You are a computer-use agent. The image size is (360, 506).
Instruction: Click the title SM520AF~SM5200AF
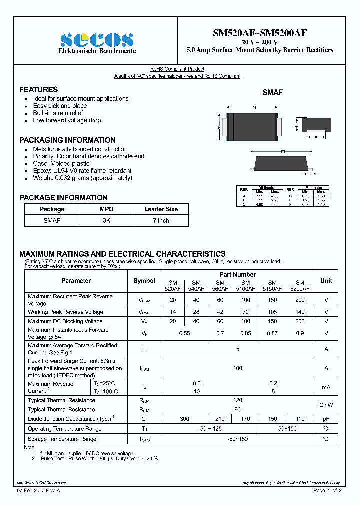click(x=259, y=34)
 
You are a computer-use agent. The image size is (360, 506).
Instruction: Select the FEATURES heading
click(x=38, y=90)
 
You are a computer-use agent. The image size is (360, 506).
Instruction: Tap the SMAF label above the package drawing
click(x=273, y=92)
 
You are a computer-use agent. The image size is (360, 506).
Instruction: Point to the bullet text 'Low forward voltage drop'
click(x=67, y=120)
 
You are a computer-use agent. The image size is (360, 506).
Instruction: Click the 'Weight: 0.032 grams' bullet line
click(x=82, y=178)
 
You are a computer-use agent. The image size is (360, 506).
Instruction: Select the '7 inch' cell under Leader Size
click(x=161, y=220)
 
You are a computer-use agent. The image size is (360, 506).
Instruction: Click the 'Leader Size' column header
click(x=161, y=209)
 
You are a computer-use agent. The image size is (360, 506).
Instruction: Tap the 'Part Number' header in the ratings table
click(x=237, y=274)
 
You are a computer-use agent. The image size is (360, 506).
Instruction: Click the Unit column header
click(x=326, y=281)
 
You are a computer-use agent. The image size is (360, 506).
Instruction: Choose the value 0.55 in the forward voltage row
click(x=185, y=333)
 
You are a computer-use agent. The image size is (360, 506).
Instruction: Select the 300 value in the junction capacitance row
click(x=185, y=419)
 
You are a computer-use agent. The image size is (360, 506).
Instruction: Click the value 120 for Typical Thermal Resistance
click(x=237, y=400)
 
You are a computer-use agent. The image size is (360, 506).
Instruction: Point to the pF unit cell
click(x=326, y=419)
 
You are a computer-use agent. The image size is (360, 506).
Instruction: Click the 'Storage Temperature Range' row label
click(x=62, y=439)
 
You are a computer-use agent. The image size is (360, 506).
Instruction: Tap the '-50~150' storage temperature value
click(x=237, y=439)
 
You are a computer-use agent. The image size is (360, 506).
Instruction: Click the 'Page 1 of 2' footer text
click(x=327, y=491)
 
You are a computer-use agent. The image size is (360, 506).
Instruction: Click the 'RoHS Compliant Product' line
click(x=177, y=69)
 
